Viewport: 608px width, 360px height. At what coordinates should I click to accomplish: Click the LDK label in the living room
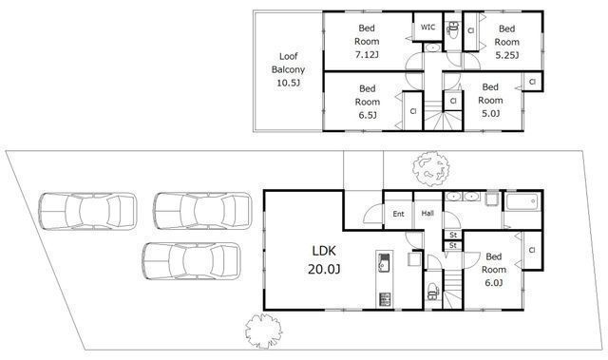point(324,251)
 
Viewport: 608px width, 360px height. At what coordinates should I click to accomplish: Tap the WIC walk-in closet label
point(428,28)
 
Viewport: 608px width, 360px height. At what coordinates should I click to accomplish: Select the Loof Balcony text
point(288,63)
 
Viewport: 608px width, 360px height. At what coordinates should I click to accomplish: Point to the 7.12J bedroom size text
point(367,55)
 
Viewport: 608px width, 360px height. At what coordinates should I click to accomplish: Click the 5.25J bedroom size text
point(506,55)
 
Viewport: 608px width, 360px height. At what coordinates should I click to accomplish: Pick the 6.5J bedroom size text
point(367,115)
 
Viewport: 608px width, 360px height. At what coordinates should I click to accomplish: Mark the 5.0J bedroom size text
point(490,114)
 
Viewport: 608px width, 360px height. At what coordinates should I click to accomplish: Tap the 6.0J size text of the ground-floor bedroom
point(494,283)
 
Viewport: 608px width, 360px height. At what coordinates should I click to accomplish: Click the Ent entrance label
point(399,214)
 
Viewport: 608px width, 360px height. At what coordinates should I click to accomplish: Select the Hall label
point(427,213)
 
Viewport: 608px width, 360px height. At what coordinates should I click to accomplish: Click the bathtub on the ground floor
point(522,201)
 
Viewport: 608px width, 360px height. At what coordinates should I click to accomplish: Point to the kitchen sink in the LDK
point(384,261)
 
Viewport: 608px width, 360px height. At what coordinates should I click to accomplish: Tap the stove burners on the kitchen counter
point(384,299)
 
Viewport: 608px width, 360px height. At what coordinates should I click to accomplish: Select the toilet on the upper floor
point(452,29)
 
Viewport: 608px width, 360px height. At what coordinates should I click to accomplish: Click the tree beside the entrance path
point(430,169)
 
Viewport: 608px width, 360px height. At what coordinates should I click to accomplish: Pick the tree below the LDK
point(263,331)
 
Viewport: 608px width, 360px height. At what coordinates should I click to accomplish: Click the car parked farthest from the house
point(87,211)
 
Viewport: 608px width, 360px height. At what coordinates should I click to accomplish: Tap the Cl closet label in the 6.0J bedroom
point(532,251)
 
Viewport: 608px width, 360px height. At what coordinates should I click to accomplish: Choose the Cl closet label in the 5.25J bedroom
point(471,30)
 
